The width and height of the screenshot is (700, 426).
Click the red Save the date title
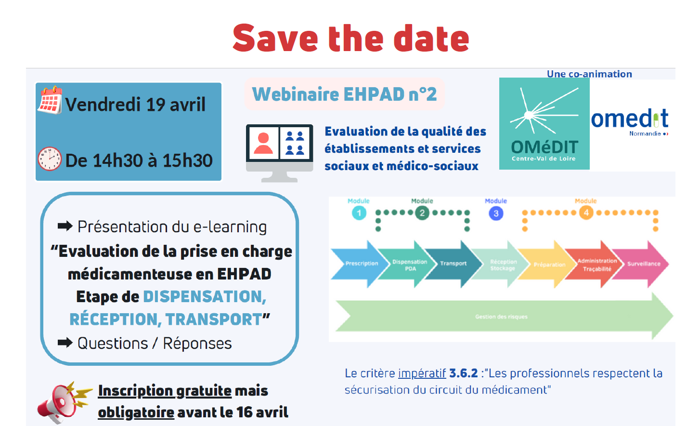pos(350,39)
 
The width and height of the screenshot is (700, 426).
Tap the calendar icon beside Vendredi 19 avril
pos(50,100)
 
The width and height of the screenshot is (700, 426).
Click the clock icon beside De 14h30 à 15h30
pos(50,159)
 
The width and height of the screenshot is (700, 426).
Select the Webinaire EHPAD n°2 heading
pos(344,94)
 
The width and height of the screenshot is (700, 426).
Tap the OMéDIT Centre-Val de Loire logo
pos(544,124)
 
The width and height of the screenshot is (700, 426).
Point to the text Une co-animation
pos(589,74)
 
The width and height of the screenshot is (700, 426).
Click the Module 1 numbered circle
pos(359,213)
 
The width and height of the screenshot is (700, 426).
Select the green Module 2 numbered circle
pos(422,213)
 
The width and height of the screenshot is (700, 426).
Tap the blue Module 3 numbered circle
pos(496,213)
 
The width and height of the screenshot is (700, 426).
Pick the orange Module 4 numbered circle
pos(586,213)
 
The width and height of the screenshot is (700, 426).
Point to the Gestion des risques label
pos(501,317)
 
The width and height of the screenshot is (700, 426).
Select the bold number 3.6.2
pos(463,373)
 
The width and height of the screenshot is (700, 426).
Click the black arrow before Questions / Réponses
pos(65,343)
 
